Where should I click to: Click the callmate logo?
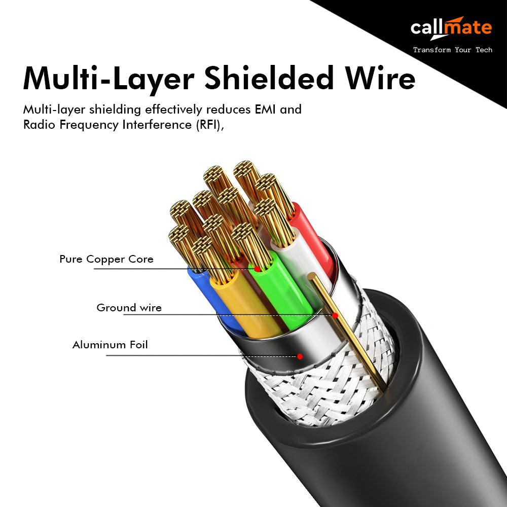451,28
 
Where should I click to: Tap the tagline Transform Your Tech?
452,50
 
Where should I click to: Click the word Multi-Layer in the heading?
108,79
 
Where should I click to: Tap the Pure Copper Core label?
106,259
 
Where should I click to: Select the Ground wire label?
129,308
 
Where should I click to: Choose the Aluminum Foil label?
110,345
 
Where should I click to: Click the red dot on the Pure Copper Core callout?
257,269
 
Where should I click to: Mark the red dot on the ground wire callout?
335,315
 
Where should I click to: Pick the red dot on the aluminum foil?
300,356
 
